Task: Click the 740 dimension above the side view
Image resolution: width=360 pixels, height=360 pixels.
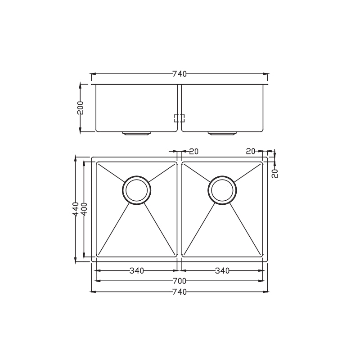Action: [x=179, y=74]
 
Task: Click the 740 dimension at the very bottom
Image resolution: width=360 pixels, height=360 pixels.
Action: [x=179, y=292]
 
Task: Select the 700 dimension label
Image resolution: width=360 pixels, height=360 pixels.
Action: [x=179, y=281]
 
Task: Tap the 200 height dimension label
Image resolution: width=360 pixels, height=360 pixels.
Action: [x=81, y=108]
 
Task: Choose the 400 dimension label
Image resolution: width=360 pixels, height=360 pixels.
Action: [x=84, y=209]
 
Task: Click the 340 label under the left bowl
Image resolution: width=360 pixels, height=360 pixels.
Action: [x=137, y=270]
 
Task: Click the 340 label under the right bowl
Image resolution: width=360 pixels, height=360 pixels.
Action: [x=222, y=270]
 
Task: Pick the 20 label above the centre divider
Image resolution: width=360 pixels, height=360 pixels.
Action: [x=194, y=151]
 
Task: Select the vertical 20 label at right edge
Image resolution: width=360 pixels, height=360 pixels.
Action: [x=275, y=173]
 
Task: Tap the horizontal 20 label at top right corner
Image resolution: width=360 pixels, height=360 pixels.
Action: [x=251, y=151]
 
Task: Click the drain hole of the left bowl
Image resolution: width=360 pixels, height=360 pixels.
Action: [x=136, y=190]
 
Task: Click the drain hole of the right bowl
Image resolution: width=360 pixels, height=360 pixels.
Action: [x=222, y=190]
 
